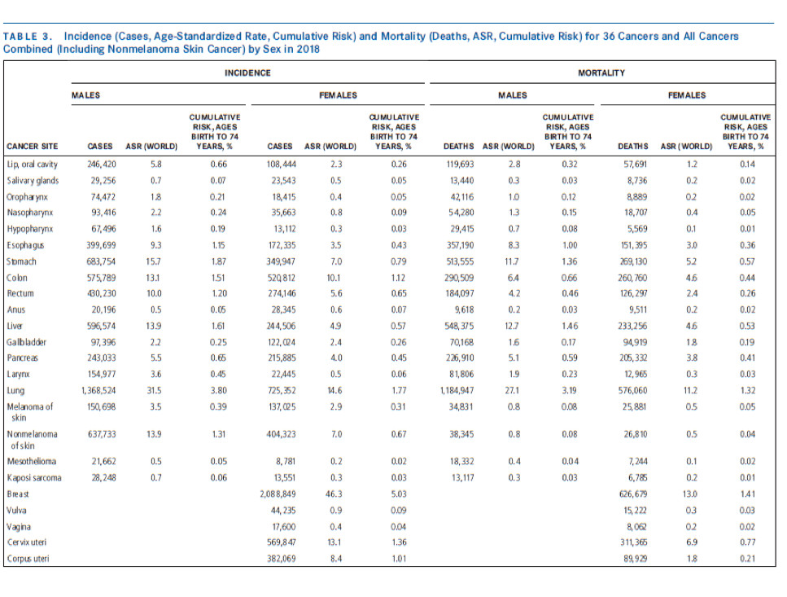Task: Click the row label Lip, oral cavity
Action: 32,165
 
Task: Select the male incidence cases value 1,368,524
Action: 98,390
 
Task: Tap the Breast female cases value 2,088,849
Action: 278,494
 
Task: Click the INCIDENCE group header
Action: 247,72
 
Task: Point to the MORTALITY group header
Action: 601,72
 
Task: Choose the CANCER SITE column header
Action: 32,146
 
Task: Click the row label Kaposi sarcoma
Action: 34,477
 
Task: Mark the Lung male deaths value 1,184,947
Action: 457,390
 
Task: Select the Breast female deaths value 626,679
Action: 632,494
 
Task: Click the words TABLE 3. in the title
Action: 27,37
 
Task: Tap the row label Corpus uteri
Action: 28,559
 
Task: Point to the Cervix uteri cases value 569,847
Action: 281,542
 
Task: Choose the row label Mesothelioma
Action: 32,462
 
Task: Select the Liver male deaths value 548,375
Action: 460,326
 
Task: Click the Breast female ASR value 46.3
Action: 334,494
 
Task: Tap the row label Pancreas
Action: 22,358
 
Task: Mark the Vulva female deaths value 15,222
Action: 635,510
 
